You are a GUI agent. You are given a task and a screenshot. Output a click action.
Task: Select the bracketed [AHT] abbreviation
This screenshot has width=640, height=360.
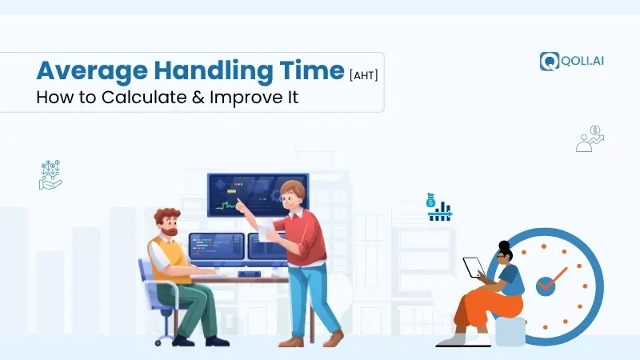[364, 74]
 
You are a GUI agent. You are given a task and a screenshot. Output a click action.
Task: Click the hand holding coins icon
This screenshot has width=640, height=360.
[50, 175]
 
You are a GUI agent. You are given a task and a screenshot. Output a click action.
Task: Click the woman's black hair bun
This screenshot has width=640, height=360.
[504, 246]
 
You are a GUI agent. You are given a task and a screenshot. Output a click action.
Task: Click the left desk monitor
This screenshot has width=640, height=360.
[216, 247]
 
